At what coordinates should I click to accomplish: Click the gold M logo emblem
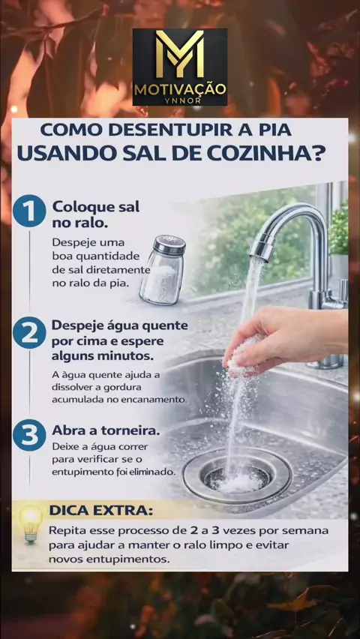(x=180, y=54)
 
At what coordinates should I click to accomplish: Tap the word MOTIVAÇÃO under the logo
(x=180, y=89)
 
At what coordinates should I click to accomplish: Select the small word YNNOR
(x=180, y=100)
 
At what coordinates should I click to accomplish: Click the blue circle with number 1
(x=29, y=211)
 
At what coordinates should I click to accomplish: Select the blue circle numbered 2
(x=29, y=332)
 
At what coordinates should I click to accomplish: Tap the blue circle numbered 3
(x=29, y=435)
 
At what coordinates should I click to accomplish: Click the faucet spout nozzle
(x=261, y=248)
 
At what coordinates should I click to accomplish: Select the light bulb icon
(x=31, y=523)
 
